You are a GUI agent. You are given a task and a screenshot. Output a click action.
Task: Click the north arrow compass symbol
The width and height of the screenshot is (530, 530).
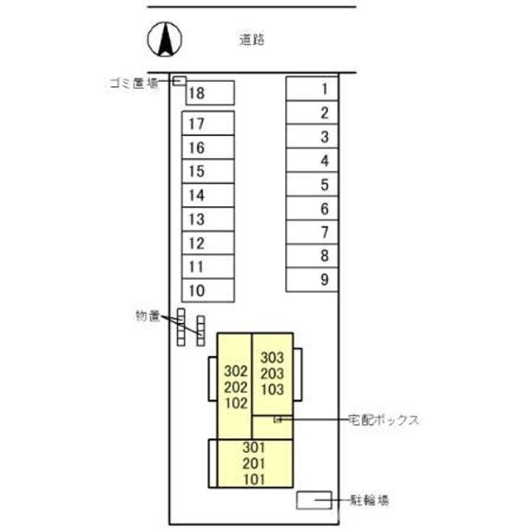point(165,40)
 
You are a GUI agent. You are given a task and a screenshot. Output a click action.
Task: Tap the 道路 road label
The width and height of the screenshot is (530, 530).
point(252,40)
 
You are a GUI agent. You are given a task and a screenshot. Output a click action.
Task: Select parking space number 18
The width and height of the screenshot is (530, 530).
point(210,93)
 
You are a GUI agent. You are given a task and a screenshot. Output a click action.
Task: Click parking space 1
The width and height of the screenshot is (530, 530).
point(312,88)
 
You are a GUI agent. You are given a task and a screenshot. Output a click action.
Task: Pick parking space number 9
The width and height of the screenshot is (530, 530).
point(312,280)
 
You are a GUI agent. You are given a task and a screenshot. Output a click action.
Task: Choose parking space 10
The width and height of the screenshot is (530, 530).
point(208,290)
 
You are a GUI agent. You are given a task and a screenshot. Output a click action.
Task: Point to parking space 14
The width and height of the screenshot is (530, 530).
point(208,195)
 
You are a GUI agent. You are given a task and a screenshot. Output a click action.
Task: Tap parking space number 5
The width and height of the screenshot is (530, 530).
point(312,184)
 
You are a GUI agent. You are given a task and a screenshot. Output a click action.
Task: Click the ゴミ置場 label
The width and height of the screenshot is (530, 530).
point(134,82)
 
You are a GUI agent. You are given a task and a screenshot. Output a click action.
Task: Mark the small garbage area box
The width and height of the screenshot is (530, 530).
point(179,81)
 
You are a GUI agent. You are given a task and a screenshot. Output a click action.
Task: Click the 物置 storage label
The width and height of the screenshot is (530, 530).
point(148,316)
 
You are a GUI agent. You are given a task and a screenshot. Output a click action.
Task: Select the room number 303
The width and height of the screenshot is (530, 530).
point(272,358)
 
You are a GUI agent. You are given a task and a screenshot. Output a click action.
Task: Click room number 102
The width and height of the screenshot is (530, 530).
point(236,403)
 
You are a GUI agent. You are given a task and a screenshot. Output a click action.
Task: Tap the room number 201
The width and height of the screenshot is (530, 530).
point(254,464)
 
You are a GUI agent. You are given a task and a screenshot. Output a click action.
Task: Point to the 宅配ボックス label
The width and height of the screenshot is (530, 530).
point(384,420)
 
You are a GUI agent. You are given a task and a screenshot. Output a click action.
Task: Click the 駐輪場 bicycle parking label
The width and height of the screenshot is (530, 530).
point(369,500)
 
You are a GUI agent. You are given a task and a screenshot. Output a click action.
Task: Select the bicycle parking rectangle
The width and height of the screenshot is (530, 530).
point(314,501)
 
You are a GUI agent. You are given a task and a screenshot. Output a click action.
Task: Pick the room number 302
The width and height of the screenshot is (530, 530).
point(236,371)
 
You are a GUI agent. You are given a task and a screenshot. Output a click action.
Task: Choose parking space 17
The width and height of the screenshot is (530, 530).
point(208,124)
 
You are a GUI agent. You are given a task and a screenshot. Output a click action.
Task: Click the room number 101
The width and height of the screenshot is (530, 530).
point(254,479)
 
